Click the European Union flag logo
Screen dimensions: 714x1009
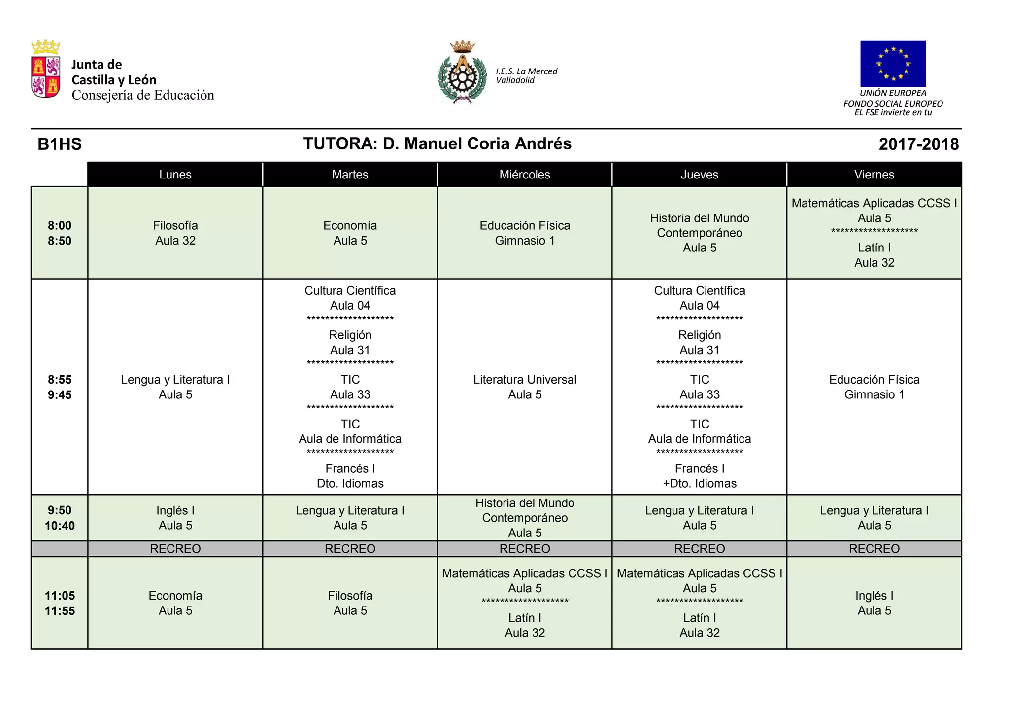point(893,64)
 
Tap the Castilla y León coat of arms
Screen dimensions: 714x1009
point(46,71)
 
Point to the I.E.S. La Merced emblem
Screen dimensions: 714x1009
point(462,72)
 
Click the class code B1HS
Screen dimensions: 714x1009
point(60,144)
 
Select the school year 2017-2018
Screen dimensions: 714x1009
point(918,144)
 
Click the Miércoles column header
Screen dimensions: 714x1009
point(525,175)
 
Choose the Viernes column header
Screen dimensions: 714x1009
point(874,175)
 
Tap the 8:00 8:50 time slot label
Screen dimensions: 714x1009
point(60,233)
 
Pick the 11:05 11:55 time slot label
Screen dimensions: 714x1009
point(60,603)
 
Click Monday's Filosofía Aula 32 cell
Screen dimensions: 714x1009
point(175,233)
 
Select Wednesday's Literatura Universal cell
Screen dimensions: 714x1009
point(525,387)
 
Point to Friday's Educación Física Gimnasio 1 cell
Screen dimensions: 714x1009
point(874,387)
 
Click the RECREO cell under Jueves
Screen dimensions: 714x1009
point(699,549)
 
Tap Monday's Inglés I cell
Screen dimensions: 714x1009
point(175,518)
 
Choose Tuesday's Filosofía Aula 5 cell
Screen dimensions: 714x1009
point(350,603)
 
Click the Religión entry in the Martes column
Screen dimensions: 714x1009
point(350,342)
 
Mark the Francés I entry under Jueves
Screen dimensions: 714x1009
point(699,475)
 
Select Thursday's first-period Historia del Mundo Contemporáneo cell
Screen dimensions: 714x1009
point(699,233)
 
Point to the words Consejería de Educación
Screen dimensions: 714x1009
point(143,95)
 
